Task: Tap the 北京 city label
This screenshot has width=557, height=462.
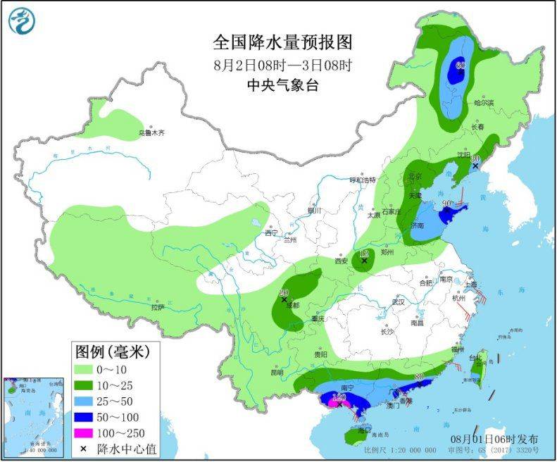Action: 415,176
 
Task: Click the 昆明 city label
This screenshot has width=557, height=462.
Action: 276,372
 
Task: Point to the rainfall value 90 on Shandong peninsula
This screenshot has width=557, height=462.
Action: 446,204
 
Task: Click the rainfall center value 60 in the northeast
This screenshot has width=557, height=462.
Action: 460,65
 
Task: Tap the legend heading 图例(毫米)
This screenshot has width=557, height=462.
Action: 114,351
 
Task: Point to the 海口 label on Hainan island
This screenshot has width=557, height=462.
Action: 363,430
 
